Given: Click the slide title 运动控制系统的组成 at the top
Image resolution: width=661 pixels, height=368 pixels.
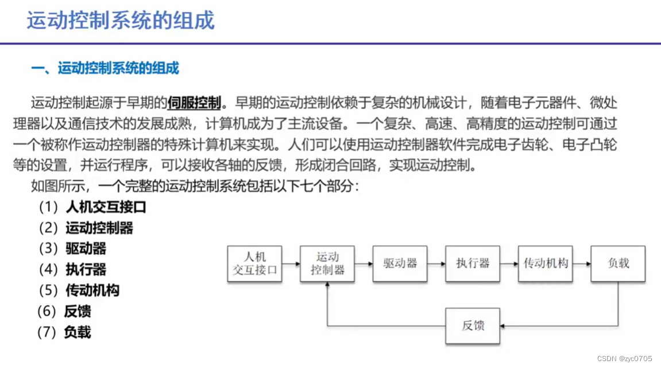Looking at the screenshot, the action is pos(121,20).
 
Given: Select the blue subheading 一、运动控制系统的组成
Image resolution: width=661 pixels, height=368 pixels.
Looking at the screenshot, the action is pos(105,68).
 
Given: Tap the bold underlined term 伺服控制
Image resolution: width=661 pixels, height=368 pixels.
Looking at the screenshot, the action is pos(194,103).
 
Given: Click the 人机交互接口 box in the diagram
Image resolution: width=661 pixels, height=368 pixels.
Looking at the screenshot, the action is pos(255,264).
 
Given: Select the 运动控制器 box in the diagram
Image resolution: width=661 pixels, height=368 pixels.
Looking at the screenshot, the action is pos(327,264).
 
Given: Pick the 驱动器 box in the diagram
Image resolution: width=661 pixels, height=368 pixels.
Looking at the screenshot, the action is pos(400,264).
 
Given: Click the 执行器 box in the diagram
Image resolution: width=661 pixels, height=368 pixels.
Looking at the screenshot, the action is pos(473,264).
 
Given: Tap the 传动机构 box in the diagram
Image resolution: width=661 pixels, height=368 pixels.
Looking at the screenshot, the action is pos(546,264).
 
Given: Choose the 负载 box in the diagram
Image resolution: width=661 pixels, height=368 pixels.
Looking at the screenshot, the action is pos(618,264).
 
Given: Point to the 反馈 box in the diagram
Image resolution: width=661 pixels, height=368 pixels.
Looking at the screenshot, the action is pos(473,326).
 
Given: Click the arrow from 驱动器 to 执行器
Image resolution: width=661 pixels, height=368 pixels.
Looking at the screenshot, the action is pos(436,264).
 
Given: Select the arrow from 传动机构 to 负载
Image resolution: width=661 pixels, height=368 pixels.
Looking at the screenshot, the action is pos(582,264).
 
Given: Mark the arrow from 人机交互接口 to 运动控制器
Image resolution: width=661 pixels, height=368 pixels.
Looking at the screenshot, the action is pos(291,264).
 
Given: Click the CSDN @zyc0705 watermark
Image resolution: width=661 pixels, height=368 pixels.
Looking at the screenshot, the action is pos(624,359).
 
